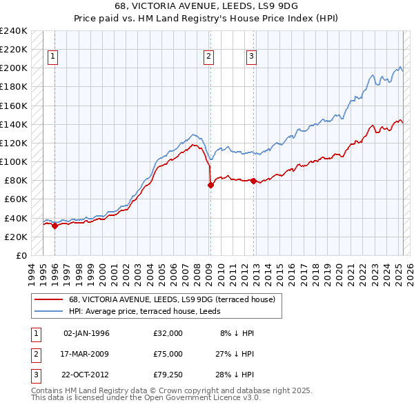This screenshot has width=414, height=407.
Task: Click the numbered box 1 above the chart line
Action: coord(53,57)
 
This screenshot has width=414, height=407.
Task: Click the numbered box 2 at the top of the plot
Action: coord(208,57)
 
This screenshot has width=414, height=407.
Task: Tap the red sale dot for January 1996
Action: coord(55,226)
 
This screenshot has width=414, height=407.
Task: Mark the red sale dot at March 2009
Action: coord(210,185)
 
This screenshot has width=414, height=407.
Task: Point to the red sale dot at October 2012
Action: coord(253,181)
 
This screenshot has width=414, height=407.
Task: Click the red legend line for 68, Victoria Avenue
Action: coord(48,299)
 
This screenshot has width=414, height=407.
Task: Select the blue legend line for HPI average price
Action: coord(48,311)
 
